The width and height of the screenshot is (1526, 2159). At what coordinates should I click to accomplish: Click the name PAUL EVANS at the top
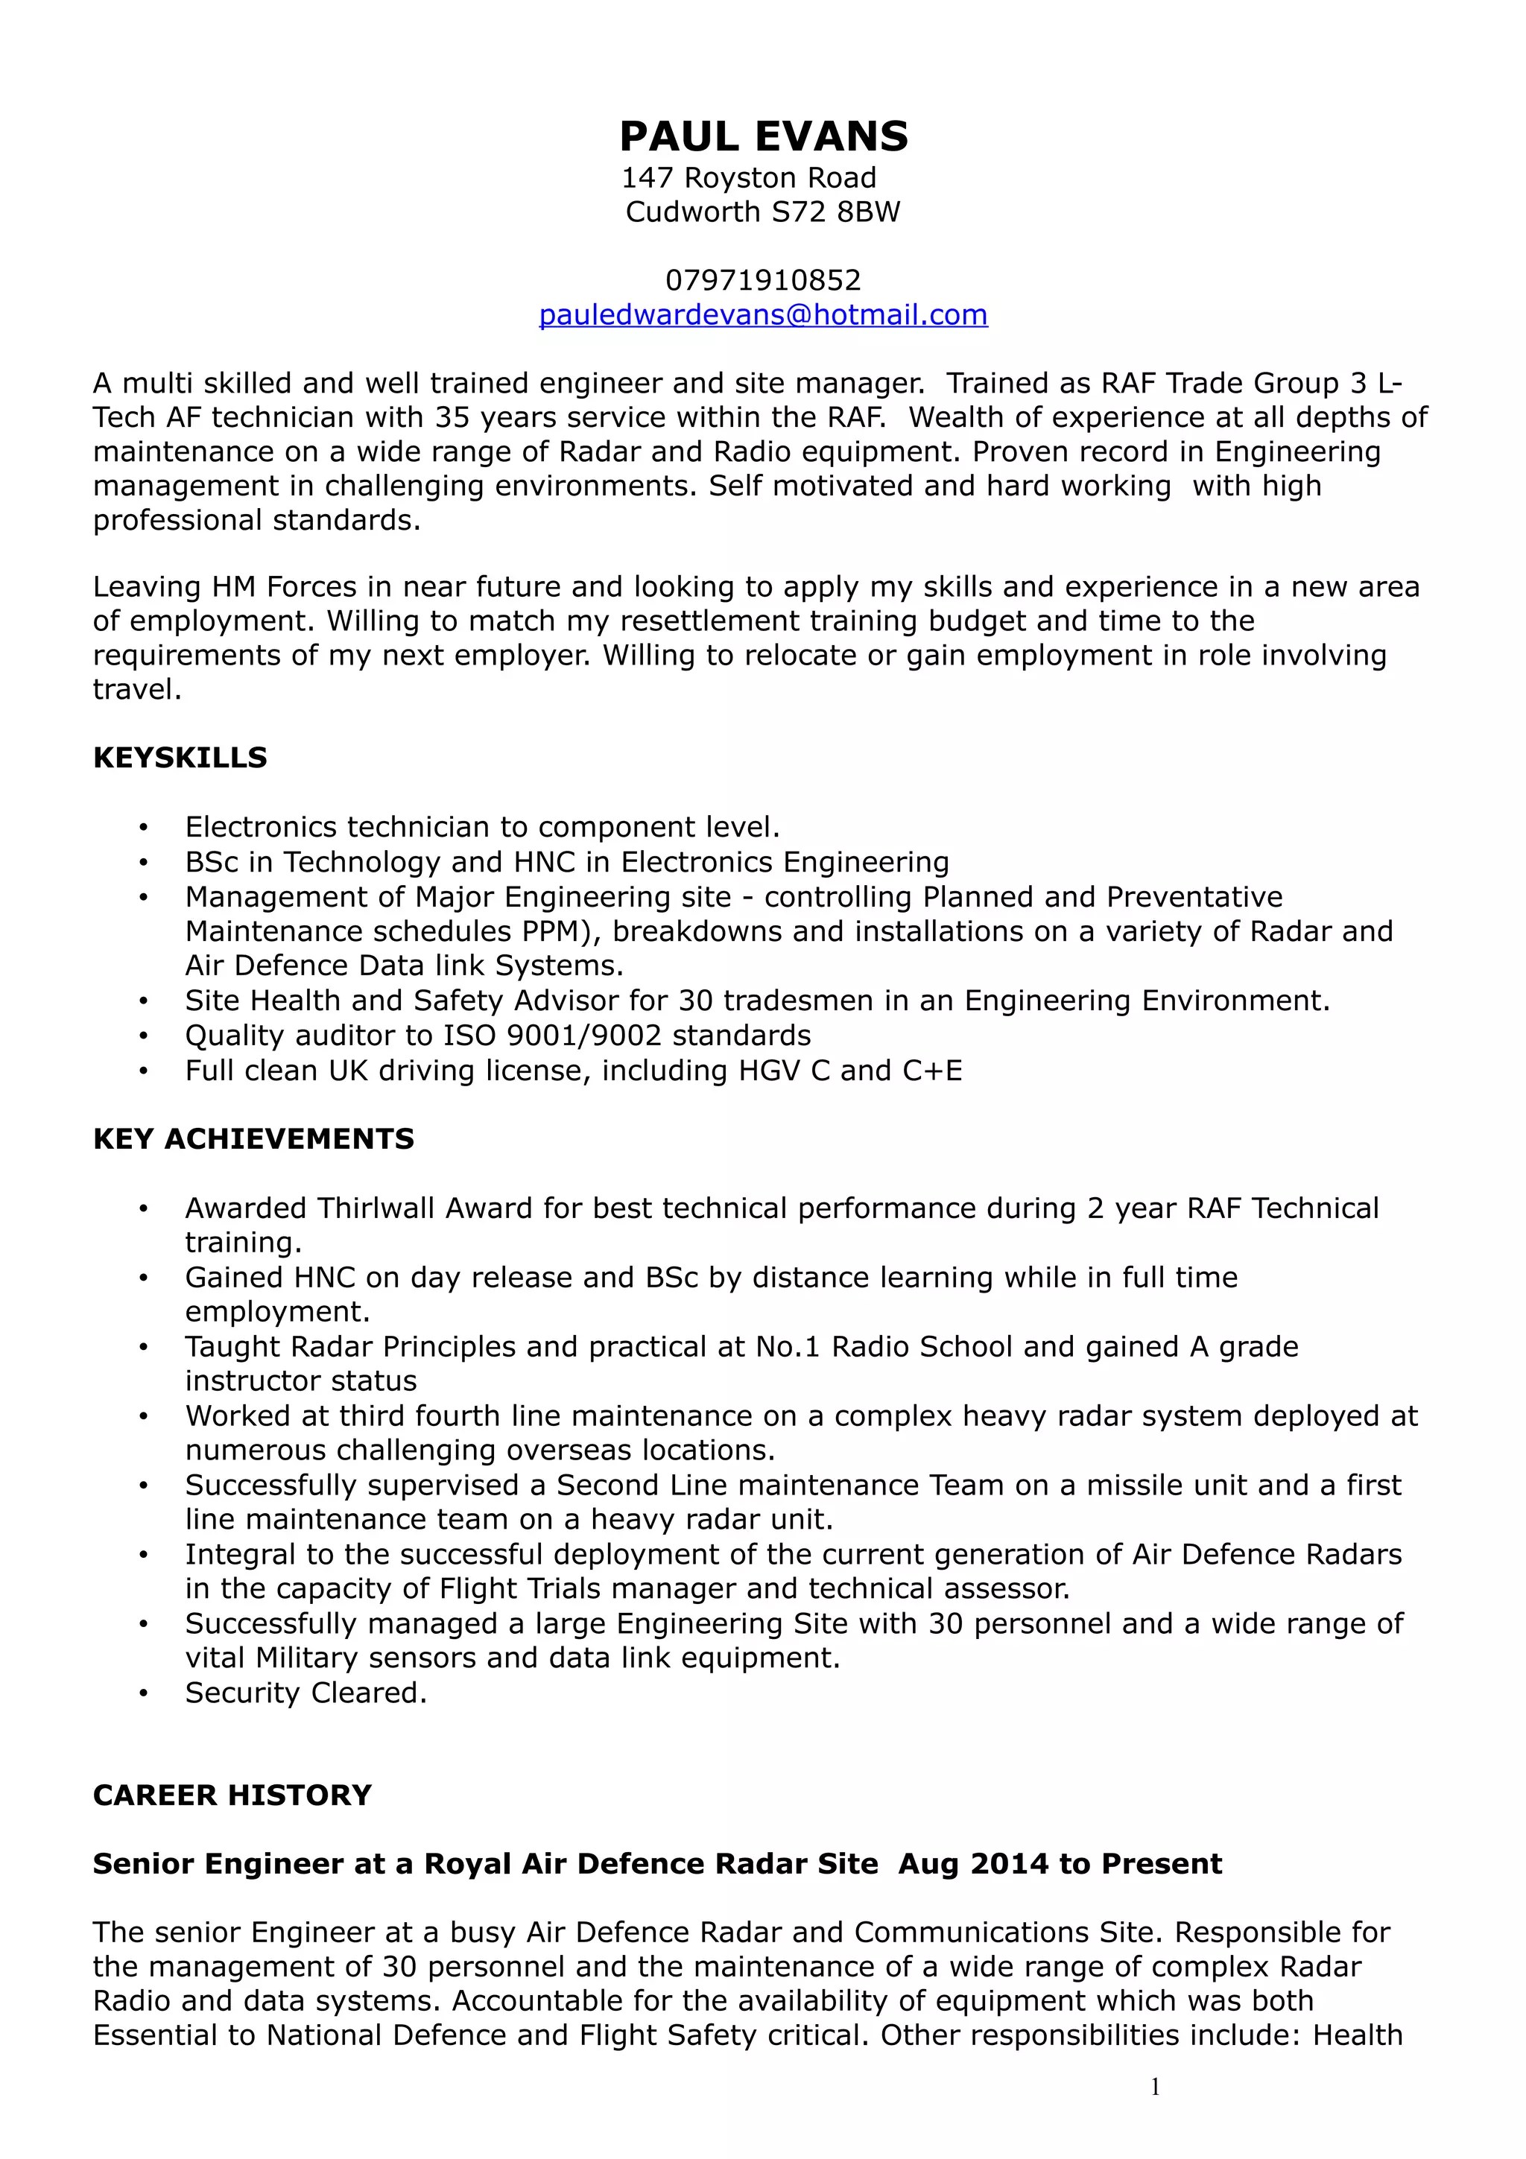764,137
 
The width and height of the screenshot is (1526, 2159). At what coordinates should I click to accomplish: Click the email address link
762,314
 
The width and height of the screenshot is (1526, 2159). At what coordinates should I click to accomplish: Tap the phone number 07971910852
762,280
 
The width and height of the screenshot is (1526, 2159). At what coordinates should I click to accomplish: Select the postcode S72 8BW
835,212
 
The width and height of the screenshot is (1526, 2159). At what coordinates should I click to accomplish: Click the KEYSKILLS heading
180,758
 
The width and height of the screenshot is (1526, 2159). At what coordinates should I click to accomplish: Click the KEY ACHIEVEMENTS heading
253,1139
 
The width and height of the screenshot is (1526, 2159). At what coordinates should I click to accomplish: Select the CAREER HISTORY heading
232,1795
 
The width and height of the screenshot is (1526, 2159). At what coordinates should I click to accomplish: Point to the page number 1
1155,2087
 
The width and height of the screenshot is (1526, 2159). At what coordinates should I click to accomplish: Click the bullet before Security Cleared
143,1693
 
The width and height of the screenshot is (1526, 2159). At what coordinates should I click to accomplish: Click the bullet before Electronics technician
143,828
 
